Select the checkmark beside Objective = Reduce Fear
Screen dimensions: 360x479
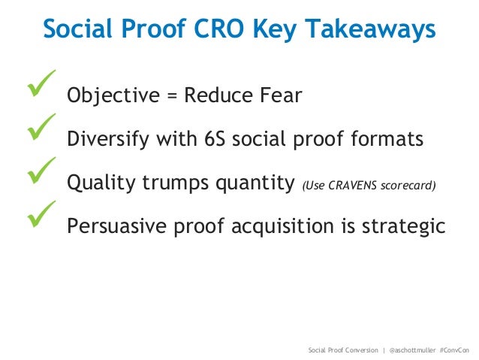pyautogui.click(x=41, y=85)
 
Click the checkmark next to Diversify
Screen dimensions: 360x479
pyautogui.click(x=41, y=127)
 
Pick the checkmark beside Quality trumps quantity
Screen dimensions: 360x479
pyautogui.click(x=41, y=171)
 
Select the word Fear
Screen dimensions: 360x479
pyautogui.click(x=281, y=96)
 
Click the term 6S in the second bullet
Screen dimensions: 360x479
pyautogui.click(x=218, y=140)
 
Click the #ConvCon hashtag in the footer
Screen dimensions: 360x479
pyautogui.click(x=455, y=350)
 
